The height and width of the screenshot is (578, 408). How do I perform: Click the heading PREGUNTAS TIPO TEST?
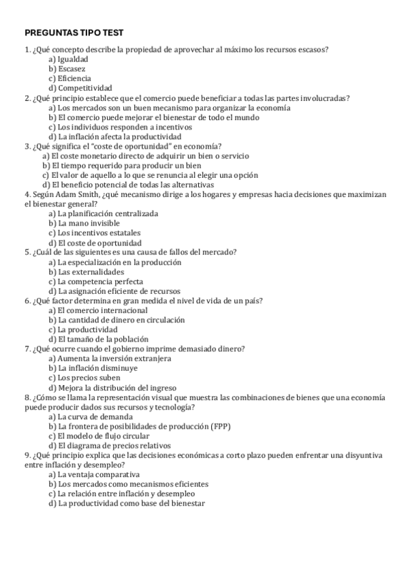click(x=74, y=32)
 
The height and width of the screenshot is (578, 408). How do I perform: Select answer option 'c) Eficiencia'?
click(x=69, y=78)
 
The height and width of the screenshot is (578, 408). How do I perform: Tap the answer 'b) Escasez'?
click(x=67, y=69)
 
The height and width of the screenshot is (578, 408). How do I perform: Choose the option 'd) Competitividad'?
click(x=80, y=88)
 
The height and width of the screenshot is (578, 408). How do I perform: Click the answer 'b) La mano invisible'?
click(x=84, y=223)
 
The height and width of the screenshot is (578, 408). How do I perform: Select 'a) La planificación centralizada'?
click(x=103, y=213)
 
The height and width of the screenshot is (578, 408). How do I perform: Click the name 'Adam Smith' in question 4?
click(x=76, y=194)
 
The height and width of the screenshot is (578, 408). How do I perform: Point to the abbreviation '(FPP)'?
click(x=220, y=426)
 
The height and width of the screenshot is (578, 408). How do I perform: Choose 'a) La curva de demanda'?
click(x=90, y=416)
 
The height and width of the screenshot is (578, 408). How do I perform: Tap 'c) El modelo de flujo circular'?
click(x=99, y=436)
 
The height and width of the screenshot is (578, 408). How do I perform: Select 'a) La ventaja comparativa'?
click(x=94, y=474)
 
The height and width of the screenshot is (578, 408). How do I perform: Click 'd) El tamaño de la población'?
click(x=98, y=339)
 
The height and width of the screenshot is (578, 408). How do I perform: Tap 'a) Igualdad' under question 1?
click(x=68, y=59)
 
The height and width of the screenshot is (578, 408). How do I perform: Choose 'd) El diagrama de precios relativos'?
click(x=109, y=445)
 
